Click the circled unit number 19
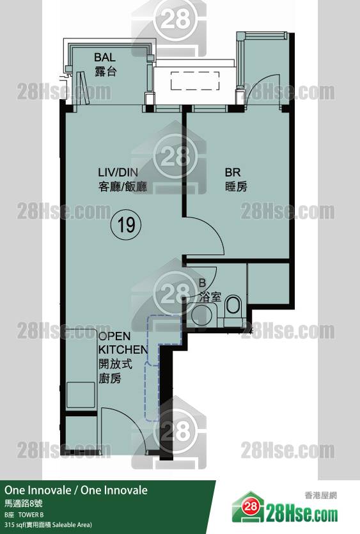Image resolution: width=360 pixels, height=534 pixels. [x=126, y=224]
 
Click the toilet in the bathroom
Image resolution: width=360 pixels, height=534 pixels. [x=233, y=306]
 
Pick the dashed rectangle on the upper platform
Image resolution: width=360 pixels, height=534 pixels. [x=194, y=81]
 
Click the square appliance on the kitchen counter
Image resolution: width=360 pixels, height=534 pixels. [x=81, y=395]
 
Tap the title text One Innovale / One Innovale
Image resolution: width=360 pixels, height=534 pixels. [x=76, y=490]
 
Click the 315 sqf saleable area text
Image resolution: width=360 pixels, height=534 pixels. [x=48, y=525]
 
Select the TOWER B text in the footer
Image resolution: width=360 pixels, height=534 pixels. [x=31, y=515]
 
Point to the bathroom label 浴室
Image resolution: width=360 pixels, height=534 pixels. [x=210, y=297]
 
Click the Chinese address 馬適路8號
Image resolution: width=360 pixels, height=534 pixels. [x=24, y=503]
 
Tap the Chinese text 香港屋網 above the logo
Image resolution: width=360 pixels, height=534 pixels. [x=320, y=496]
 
